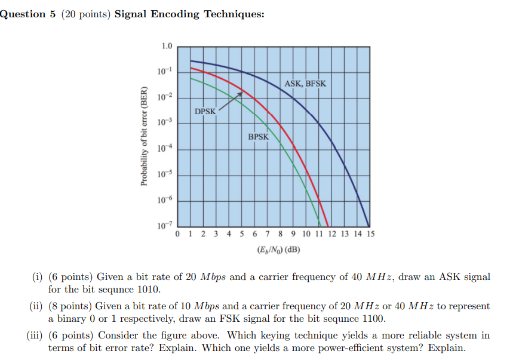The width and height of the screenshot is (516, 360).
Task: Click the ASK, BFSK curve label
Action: point(305,84)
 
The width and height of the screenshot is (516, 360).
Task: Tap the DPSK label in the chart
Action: point(205,112)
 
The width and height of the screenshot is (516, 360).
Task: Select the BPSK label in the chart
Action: point(259,137)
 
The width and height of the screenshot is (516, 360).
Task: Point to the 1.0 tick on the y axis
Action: point(167,46)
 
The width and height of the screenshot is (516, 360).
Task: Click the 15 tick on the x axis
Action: point(370,235)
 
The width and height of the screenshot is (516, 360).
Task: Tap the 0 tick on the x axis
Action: point(178,235)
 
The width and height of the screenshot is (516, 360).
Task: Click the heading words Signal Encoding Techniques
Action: point(189,14)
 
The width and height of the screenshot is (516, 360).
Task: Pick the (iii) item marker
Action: point(33,336)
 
